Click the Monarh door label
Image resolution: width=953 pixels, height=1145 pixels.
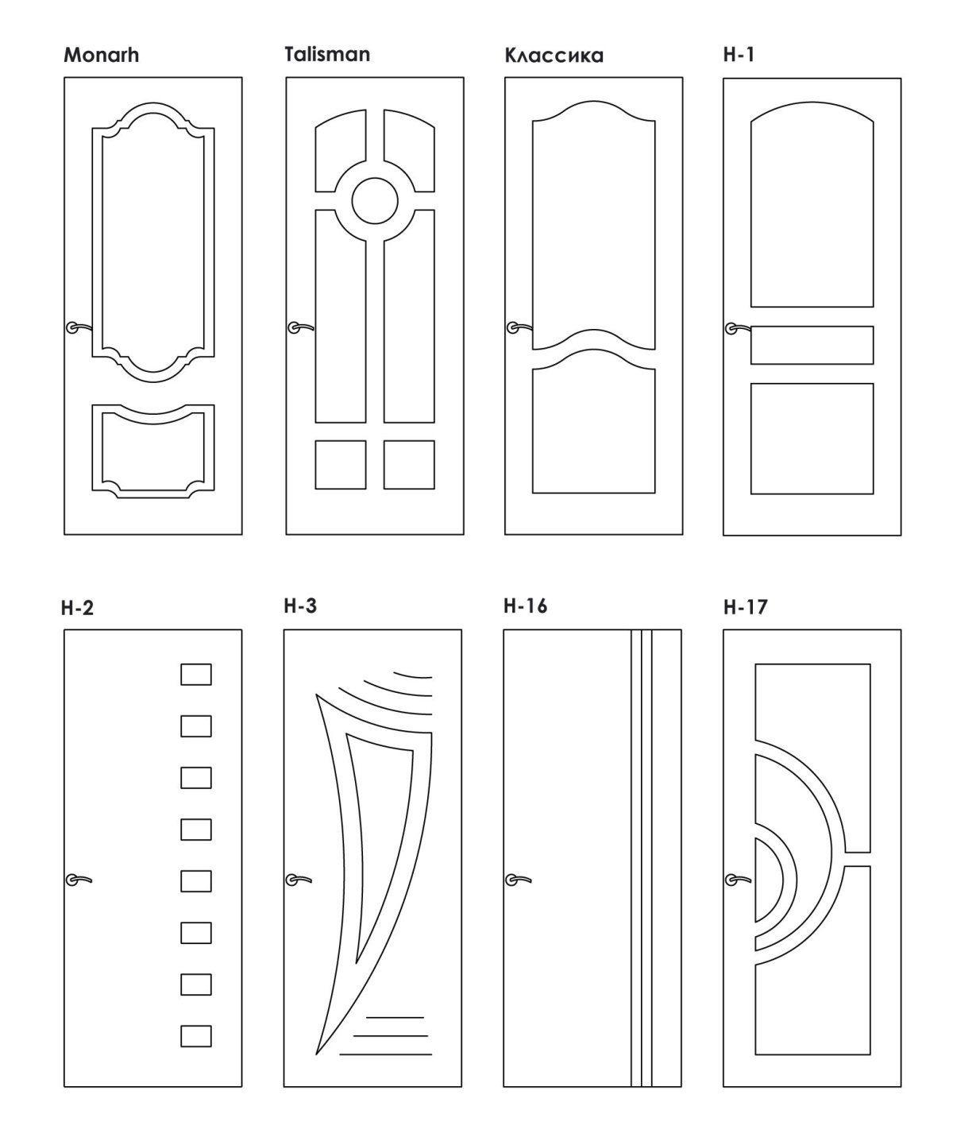pos(101,56)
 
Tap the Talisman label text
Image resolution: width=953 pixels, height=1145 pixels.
pos(327,54)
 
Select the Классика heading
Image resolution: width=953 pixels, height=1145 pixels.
pos(554,56)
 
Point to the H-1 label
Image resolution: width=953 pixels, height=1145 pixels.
pos(738,55)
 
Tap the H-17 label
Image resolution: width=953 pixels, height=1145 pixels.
pos(745,609)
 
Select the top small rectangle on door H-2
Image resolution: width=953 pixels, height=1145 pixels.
pos(196,675)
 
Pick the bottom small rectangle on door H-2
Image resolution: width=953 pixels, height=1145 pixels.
pos(196,1036)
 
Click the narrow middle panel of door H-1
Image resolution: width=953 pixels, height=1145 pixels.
pos(812,345)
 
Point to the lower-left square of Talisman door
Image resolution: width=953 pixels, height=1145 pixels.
pos(341,465)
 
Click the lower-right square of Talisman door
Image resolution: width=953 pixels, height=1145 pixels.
pos(409,465)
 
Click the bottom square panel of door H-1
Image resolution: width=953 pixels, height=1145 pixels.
pos(812,439)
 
